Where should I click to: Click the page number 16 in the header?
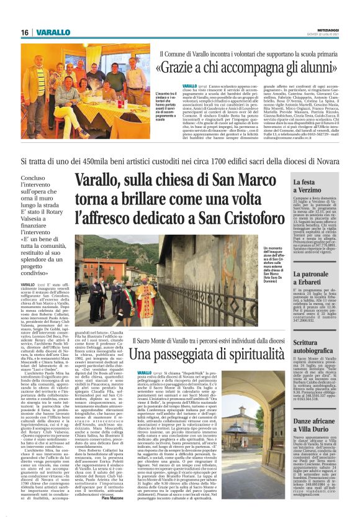(25, 32)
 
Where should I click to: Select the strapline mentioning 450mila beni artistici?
(179, 160)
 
